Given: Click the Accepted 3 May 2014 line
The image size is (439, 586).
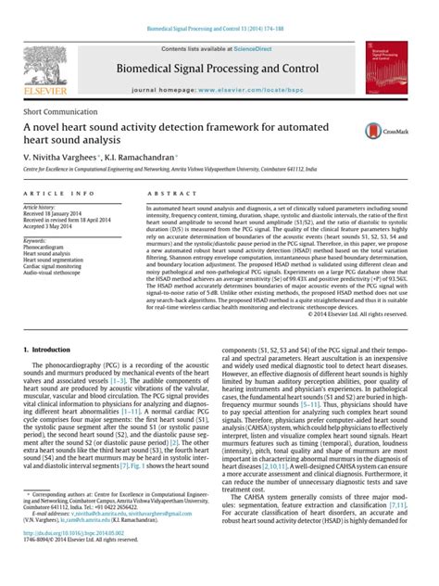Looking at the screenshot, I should (x=52, y=227).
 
